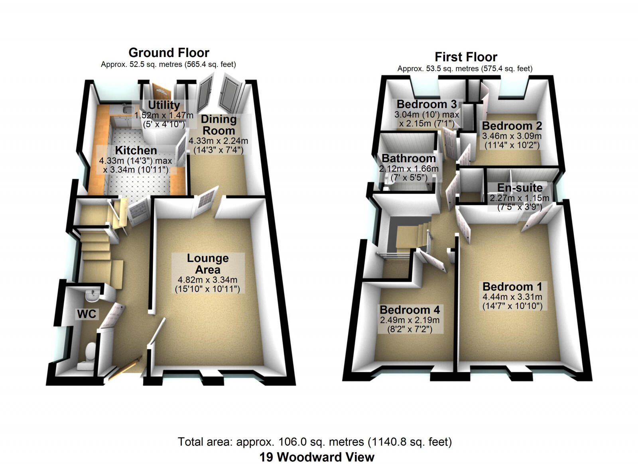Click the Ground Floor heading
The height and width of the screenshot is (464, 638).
click(169, 53)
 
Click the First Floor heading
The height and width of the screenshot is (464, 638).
click(466, 57)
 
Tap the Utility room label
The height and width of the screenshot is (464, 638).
click(164, 105)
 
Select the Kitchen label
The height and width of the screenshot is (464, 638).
click(136, 150)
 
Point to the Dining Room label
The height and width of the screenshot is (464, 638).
click(219, 125)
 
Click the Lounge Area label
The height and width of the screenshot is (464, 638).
click(208, 264)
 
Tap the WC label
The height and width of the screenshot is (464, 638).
click(87, 314)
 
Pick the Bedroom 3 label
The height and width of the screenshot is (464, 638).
click(427, 104)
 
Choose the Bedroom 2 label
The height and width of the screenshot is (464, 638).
click(512, 126)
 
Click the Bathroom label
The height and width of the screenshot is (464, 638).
click(409, 158)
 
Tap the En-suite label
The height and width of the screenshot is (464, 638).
click(520, 188)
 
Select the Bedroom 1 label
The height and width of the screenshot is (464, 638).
click(512, 287)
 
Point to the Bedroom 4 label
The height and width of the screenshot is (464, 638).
click(410, 310)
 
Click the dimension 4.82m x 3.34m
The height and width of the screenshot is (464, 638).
click(207, 280)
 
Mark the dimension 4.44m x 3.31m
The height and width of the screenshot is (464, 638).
click(512, 297)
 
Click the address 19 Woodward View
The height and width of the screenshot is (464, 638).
click(317, 457)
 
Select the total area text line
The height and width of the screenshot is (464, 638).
click(315, 442)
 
